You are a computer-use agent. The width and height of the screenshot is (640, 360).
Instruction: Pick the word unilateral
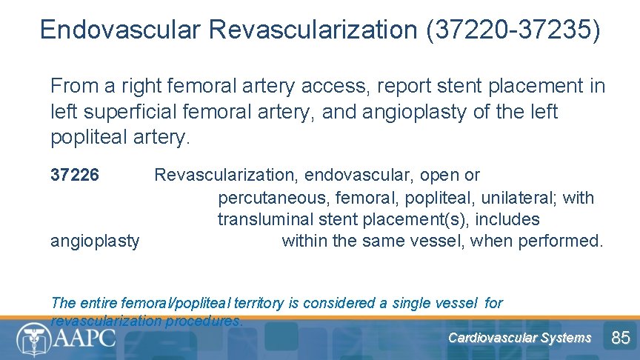(x=518, y=198)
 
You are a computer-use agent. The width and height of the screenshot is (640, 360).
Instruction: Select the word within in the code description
(x=306, y=241)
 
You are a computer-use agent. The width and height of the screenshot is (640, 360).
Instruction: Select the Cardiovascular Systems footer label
(x=519, y=338)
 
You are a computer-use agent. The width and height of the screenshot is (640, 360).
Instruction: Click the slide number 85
(x=620, y=338)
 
